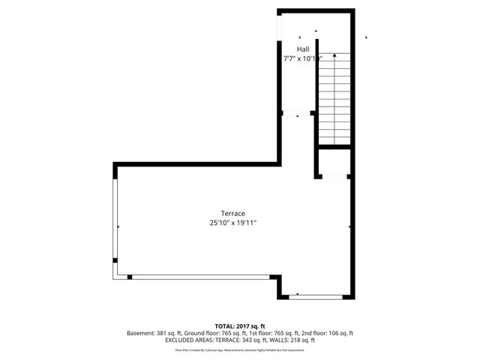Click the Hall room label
click(302, 49)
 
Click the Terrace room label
click(232, 213)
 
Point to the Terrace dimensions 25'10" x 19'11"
click(232, 223)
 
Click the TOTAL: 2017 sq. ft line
click(240, 325)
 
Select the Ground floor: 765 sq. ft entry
click(207, 332)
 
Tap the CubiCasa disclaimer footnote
click(240, 349)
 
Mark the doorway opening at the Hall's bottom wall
click(298, 114)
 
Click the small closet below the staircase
click(332, 161)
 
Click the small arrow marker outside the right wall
click(365, 37)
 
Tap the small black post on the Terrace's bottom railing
click(130, 277)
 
